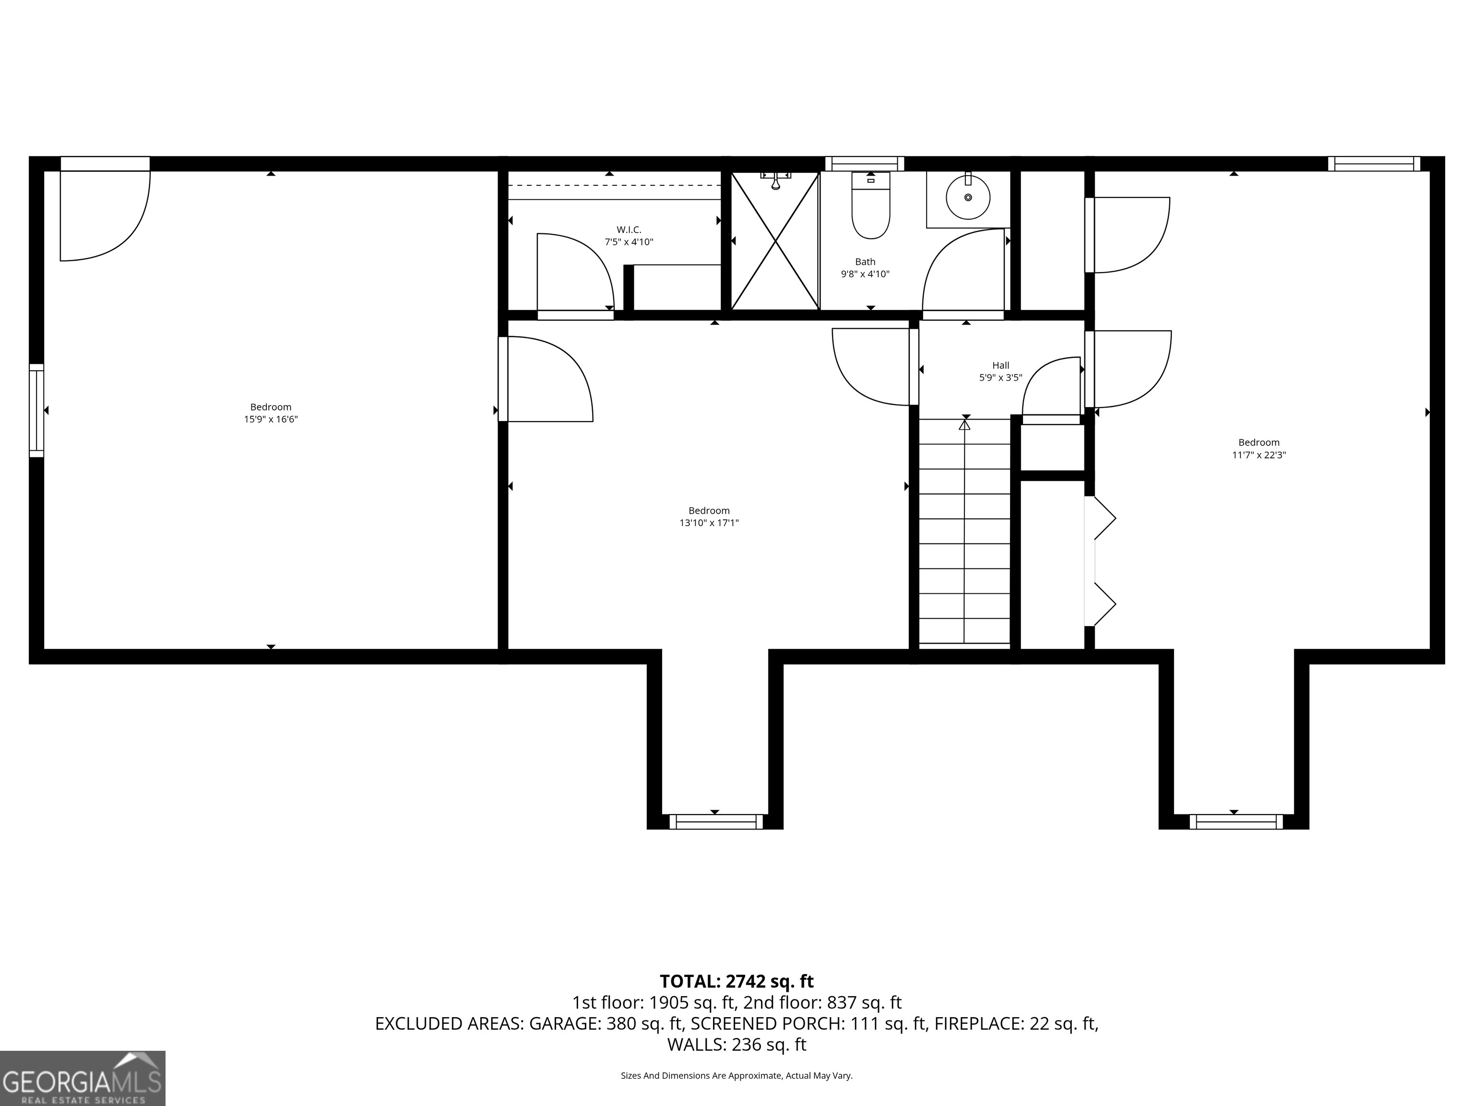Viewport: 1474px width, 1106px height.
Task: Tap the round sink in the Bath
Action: pyautogui.click(x=968, y=197)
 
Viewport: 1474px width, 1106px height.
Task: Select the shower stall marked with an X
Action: pyautogui.click(x=774, y=241)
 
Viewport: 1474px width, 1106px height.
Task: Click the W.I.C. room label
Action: pyautogui.click(x=629, y=230)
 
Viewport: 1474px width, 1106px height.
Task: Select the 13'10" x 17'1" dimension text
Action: pyautogui.click(x=709, y=523)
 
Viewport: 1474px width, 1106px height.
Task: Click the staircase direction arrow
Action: pyautogui.click(x=964, y=424)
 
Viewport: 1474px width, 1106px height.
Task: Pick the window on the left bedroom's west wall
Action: pyautogui.click(x=36, y=410)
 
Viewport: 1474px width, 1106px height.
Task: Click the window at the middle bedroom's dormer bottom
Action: pyautogui.click(x=716, y=821)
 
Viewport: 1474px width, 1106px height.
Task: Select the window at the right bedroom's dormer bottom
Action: pyautogui.click(x=1236, y=821)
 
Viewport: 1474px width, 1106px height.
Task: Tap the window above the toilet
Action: pyautogui.click(x=864, y=163)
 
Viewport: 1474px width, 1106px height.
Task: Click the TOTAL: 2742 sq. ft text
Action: pyautogui.click(x=737, y=981)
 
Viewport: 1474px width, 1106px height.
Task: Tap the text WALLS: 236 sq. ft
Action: pyautogui.click(x=737, y=1045)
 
